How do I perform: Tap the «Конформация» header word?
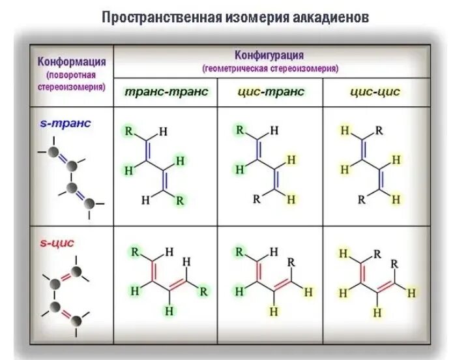tap(72, 62)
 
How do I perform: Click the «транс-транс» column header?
tap(166, 92)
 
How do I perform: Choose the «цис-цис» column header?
tap(374, 92)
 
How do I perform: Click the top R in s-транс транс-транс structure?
tap(129, 130)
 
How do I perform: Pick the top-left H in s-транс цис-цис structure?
tap(344, 131)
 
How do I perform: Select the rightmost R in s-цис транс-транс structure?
tap(204, 290)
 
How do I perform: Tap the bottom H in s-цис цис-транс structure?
tap(274, 312)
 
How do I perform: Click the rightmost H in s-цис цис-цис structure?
tap(411, 293)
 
